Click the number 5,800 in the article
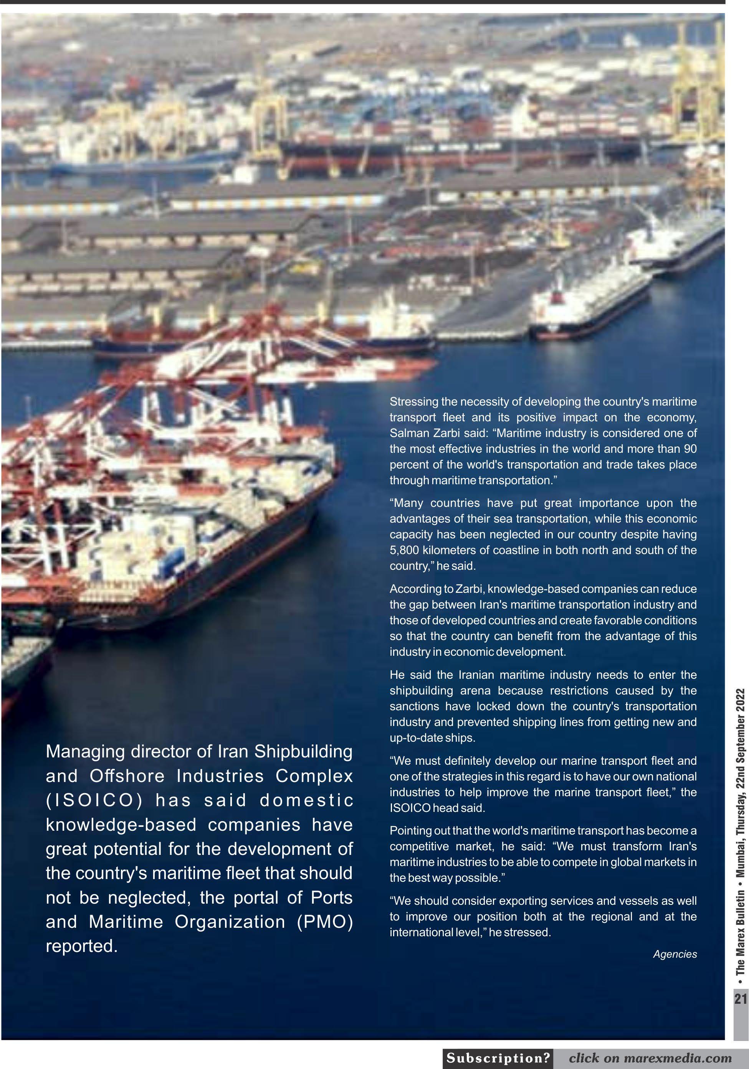coord(404,550)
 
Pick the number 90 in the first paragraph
coord(690,449)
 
